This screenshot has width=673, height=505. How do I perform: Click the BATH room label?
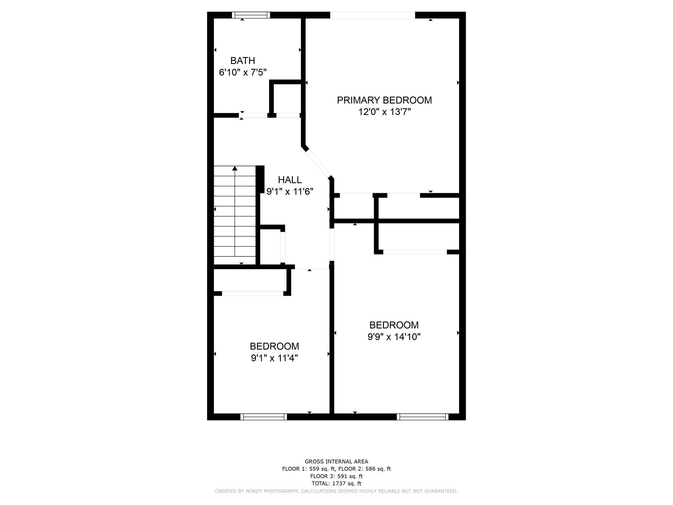(x=242, y=61)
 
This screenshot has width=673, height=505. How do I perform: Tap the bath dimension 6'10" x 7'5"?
(x=243, y=72)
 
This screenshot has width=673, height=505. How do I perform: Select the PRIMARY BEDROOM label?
(x=384, y=100)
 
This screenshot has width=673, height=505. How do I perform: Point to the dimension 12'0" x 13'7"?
(x=384, y=112)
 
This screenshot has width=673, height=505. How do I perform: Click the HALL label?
(x=290, y=180)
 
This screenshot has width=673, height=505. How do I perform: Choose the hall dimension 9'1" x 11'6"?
(x=290, y=192)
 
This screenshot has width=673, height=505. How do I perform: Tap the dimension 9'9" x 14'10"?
(x=394, y=337)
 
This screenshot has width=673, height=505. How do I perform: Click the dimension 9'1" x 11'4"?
(x=274, y=358)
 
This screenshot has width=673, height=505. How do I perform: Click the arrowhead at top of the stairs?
(x=235, y=168)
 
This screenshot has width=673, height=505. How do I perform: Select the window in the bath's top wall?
(x=251, y=15)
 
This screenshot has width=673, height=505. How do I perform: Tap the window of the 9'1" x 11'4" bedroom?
(x=263, y=417)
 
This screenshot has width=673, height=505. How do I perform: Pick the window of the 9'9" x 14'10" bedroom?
(x=423, y=417)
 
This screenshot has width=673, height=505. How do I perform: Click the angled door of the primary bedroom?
(x=318, y=163)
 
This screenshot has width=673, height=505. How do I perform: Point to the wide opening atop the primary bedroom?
(x=372, y=15)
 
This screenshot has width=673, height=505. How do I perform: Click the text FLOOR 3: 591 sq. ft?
(x=336, y=476)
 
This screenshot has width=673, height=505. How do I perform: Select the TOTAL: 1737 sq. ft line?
(x=336, y=484)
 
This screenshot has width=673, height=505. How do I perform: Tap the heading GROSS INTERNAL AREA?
(x=336, y=462)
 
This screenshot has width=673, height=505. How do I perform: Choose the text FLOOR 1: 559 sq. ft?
(x=309, y=469)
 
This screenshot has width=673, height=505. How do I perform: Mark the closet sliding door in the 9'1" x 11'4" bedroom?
(x=253, y=293)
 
